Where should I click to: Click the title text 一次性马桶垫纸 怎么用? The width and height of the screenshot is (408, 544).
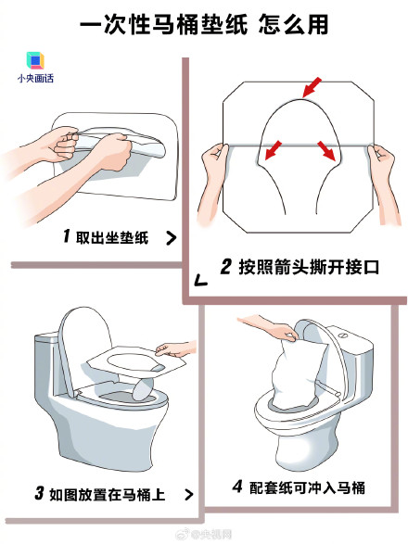(x=203, y=25)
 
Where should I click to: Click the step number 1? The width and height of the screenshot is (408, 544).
(x=67, y=236)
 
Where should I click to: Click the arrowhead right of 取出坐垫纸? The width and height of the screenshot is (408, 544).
(x=171, y=238)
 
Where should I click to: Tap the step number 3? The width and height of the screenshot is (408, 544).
(x=40, y=493)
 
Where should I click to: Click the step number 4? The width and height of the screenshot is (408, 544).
(x=237, y=487)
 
